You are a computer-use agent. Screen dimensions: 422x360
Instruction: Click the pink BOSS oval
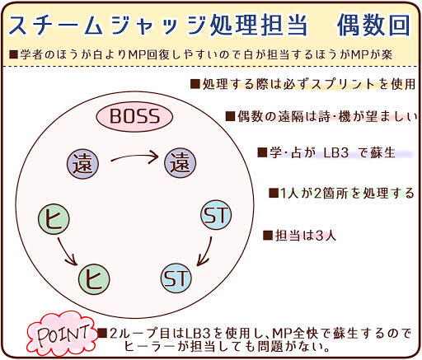[134, 116]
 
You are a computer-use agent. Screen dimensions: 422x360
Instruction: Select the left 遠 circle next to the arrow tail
[82, 164]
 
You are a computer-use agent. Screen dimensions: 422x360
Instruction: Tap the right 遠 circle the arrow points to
[180, 162]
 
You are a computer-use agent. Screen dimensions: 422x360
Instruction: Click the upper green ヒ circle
[54, 219]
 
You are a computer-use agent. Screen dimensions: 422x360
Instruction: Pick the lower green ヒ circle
[94, 279]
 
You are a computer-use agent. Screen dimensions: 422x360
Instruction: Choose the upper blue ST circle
[216, 214]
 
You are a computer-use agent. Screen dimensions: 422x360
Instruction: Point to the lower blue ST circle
[176, 278]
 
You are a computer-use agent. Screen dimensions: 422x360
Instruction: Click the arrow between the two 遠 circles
[134, 157]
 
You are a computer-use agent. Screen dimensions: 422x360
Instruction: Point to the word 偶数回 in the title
[373, 26]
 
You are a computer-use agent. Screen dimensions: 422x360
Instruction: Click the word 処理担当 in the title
[258, 26]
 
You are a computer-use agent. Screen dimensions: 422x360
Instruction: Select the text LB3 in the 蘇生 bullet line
[336, 152]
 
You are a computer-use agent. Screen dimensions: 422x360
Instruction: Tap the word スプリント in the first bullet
[345, 84]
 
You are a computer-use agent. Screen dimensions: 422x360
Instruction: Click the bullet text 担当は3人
[306, 236]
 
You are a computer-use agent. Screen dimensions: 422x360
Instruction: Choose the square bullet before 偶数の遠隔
[230, 116]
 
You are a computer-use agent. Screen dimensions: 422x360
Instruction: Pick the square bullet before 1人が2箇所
[274, 193]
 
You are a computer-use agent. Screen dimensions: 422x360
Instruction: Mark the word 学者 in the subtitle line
[31, 54]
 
